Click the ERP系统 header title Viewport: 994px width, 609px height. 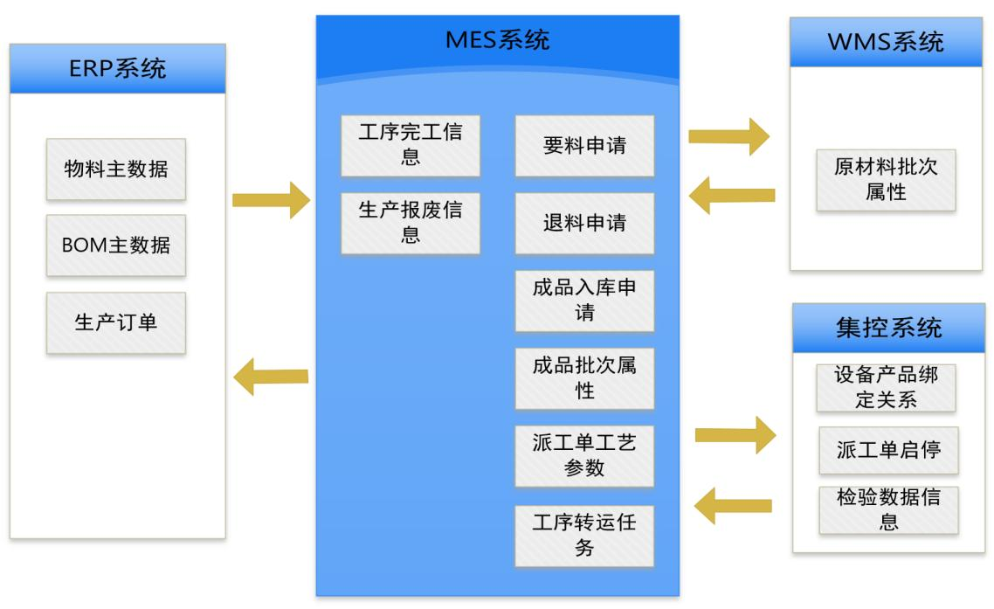point(117,68)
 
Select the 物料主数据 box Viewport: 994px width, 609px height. point(116,169)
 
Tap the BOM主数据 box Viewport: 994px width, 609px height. point(116,246)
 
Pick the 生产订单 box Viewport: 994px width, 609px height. point(116,322)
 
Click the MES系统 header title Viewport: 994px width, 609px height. point(497,40)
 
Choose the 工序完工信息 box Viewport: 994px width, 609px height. point(411,145)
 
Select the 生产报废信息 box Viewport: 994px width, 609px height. point(411,223)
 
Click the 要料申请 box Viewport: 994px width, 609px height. point(584,145)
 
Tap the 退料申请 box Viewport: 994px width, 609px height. point(584,223)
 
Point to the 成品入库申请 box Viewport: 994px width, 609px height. point(584,301)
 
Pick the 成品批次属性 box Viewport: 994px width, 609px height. point(584,378)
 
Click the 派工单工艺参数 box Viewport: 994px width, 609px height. point(584,455)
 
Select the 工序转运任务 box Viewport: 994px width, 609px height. point(584,535)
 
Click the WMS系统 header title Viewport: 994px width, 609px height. point(887,42)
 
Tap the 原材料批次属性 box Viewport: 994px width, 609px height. point(886,180)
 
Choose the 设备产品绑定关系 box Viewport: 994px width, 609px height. point(887,387)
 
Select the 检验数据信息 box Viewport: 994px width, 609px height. point(888,509)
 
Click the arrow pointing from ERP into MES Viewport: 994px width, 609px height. point(271,200)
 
